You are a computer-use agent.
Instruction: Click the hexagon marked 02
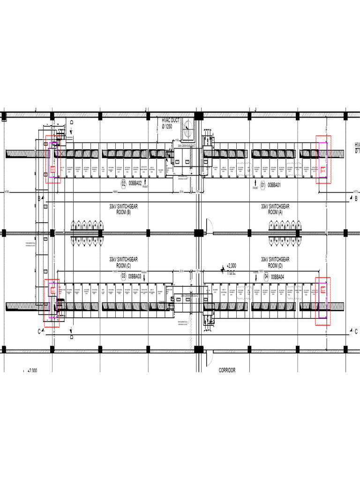tap(124, 184)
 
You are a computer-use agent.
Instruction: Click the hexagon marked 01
tap(263, 184)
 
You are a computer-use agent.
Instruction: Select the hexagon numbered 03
tap(124, 276)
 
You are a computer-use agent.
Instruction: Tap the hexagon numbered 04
tap(266, 277)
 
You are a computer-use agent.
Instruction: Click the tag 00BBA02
tap(135, 184)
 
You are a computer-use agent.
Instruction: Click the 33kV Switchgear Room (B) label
tap(123, 209)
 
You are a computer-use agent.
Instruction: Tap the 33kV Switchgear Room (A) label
tap(275, 209)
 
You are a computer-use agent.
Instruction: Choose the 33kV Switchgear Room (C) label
tap(123, 262)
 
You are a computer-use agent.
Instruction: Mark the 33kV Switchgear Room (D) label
tap(275, 262)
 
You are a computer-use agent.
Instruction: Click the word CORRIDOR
tap(227, 370)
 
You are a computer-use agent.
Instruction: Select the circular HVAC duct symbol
tap(190, 129)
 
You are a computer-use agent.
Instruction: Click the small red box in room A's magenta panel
tap(323, 170)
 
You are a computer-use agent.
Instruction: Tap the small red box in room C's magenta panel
tap(52, 291)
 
